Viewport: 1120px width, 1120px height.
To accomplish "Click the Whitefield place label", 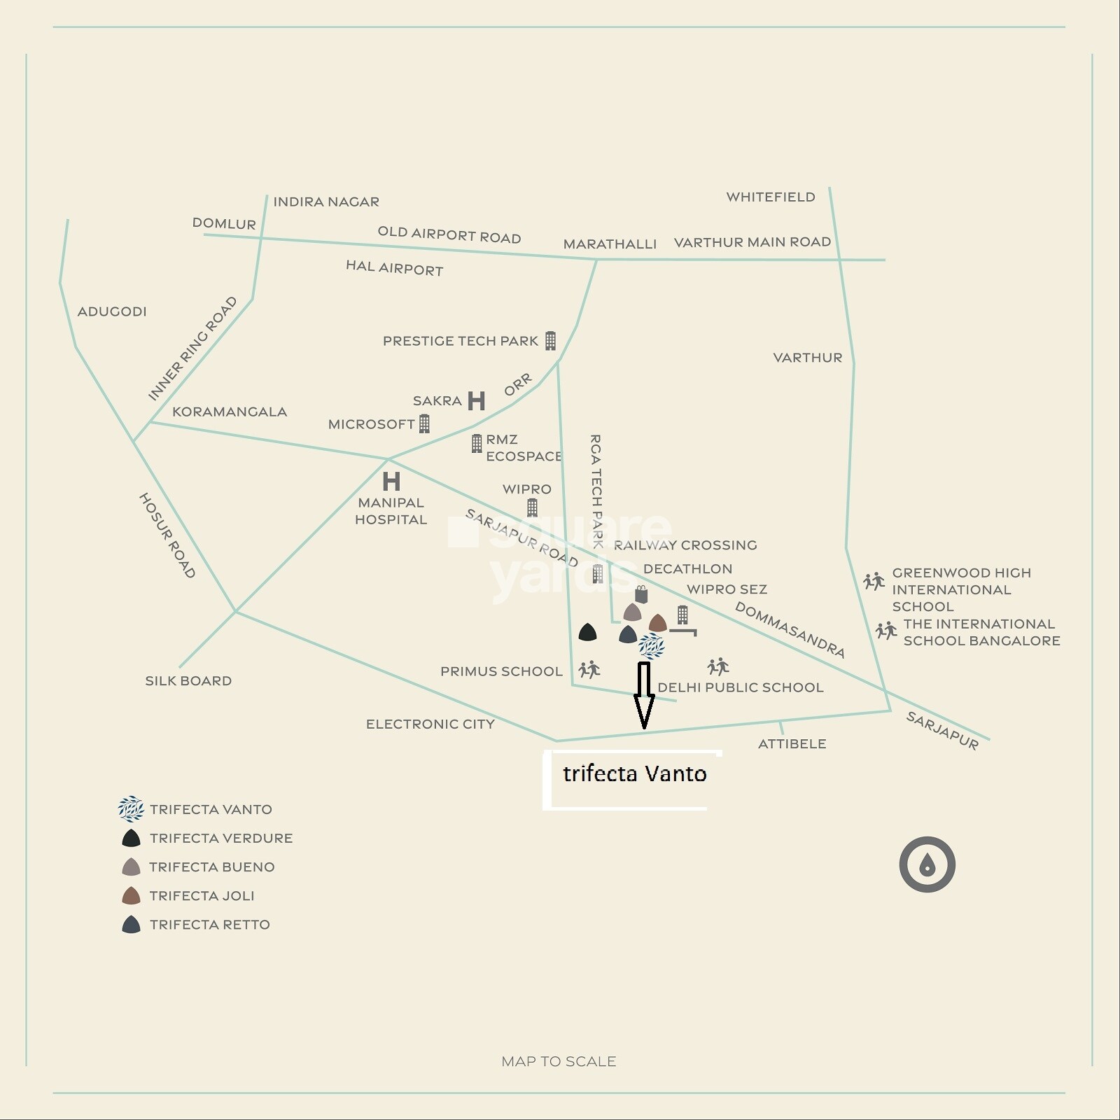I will [770, 197].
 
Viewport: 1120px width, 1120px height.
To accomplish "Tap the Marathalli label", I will [610, 244].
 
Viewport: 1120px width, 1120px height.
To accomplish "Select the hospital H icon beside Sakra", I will [476, 401].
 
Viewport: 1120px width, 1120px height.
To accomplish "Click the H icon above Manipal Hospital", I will [391, 481].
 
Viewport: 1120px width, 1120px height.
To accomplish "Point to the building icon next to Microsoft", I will [424, 423].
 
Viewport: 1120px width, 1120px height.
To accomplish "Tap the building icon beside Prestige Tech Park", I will [550, 341].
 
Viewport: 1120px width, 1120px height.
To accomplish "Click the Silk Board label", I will [188, 680].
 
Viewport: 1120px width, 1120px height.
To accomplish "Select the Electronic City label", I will [430, 724].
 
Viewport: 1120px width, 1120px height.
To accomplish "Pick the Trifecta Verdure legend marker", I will [131, 838].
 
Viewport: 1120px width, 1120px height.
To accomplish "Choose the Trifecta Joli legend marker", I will [131, 895].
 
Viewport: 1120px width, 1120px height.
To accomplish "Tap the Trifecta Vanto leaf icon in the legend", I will [131, 809].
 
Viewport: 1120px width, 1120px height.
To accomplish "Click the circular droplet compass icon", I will [927, 864].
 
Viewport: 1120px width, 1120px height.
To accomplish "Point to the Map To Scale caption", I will [559, 1062].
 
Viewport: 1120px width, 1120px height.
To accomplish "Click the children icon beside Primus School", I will [589, 670].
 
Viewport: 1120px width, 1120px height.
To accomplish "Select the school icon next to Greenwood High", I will [874, 581].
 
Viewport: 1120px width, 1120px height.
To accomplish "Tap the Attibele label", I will [792, 744].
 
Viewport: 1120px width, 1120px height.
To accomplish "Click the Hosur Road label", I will [167, 535].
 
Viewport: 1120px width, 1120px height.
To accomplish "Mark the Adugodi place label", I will [112, 311].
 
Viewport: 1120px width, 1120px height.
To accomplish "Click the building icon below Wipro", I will [532, 507].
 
